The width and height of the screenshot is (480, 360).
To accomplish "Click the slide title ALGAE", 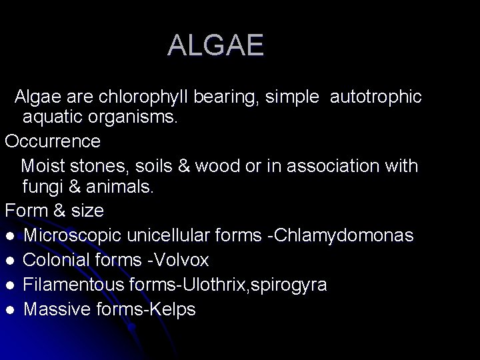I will click(215, 45).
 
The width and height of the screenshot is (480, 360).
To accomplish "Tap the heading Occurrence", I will click(53, 141).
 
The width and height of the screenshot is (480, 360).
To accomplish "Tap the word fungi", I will click(42, 187).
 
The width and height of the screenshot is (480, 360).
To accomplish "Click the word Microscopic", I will click(69, 235).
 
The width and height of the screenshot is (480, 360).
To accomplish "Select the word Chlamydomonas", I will click(357, 235).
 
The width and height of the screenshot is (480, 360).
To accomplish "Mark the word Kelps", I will click(171, 309).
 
